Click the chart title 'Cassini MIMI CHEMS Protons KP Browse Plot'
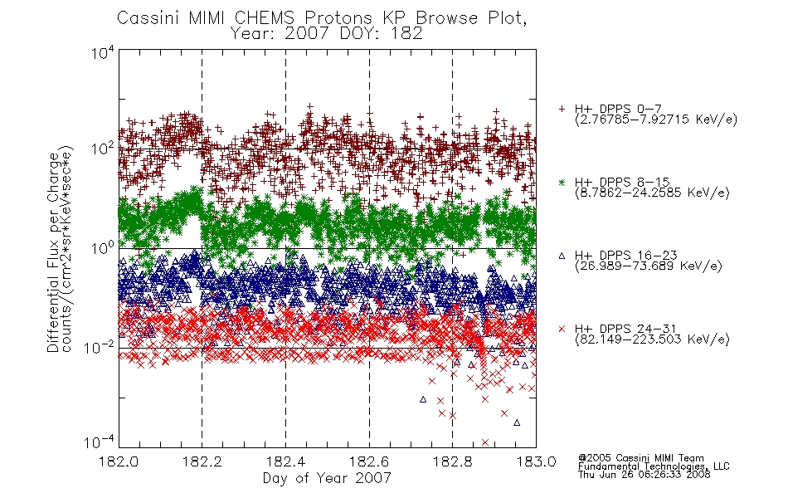pos(321,18)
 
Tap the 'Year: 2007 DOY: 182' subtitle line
pos(326,34)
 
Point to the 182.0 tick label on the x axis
pos(119,461)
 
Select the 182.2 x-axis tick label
pos(202,461)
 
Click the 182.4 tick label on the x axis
pos(286,461)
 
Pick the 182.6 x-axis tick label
pos(369,461)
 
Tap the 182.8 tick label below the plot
pos(453,461)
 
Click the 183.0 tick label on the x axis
pos(536,461)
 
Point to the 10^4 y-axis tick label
pos(103,52)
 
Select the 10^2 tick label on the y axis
pos(103,149)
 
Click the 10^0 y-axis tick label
pos(103,248)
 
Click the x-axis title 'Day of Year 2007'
pos(327,478)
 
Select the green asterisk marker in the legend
pos(562,183)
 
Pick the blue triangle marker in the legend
pos(562,256)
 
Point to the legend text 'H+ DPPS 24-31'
pos(625,329)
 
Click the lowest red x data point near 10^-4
pos(485,442)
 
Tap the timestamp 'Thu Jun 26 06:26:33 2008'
pos(645,474)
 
